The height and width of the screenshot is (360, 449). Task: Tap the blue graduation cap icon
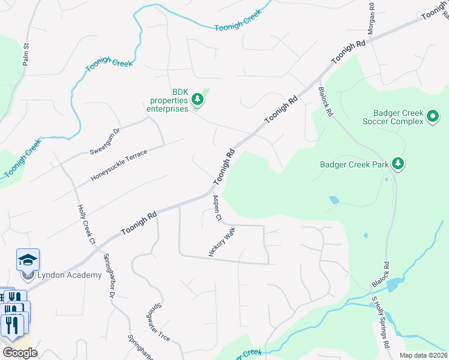click(x=28, y=260)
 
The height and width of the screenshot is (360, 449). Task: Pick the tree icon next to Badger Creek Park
click(x=397, y=163)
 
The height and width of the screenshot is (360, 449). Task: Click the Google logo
click(x=20, y=353)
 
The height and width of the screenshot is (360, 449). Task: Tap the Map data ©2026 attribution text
click(x=423, y=355)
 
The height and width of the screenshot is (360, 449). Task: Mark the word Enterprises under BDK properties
click(x=167, y=109)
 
